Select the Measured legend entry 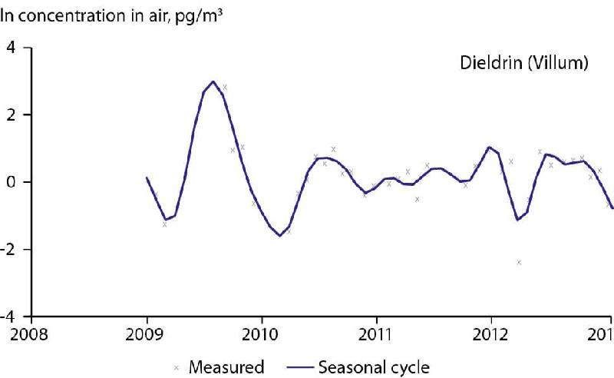(227, 366)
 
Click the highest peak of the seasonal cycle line (213, 81)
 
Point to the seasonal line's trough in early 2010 (279, 235)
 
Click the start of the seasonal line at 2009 (147, 177)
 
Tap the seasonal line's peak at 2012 (489, 147)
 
